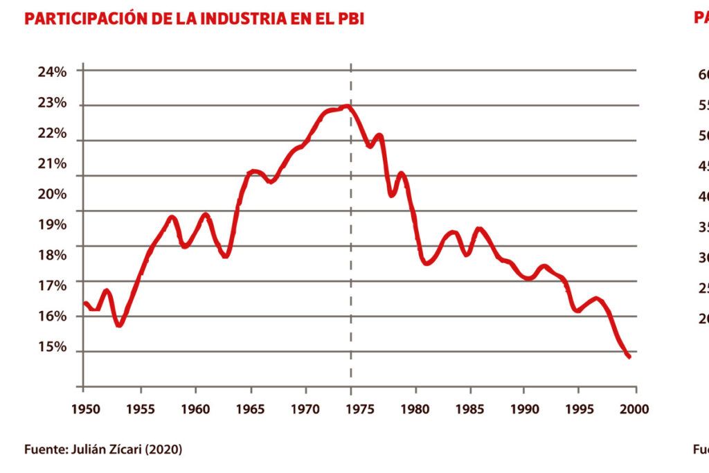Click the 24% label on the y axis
pos(53,72)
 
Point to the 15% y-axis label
pos(53,347)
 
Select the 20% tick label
pos(53,195)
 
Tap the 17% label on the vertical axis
pos(53,286)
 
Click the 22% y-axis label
pos(53,134)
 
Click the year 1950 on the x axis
pos(84,408)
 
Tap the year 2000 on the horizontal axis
pos(636,408)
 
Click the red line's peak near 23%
pos(346,107)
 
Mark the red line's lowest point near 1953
pos(119,325)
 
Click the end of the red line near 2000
pos(629,357)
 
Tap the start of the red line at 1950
pos(84,303)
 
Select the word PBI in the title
pos(349,19)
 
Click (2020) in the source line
pos(164,449)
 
